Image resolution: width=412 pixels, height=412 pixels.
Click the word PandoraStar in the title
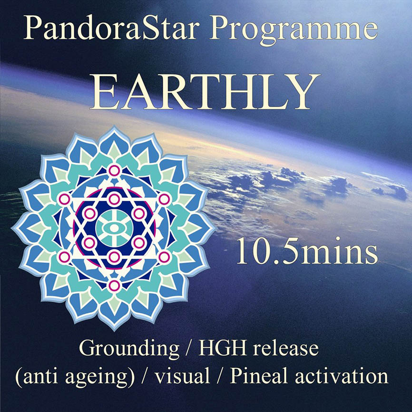coord(110,27)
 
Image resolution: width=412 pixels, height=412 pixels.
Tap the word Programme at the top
coord(294,30)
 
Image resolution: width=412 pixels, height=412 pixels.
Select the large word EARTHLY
coord(205,91)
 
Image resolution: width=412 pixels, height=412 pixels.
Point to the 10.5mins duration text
coord(307,251)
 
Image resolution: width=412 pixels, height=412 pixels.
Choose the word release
coord(285,348)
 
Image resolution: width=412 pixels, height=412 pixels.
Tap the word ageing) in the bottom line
coord(100,376)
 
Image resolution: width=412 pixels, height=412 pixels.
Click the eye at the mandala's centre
coord(114,228)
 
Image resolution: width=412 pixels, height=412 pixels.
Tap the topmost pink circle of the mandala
coord(114,170)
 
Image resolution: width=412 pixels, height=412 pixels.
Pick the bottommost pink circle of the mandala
coord(114,285)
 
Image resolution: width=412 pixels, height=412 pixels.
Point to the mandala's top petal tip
coord(114,127)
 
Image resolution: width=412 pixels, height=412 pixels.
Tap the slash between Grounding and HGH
coord(189,349)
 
